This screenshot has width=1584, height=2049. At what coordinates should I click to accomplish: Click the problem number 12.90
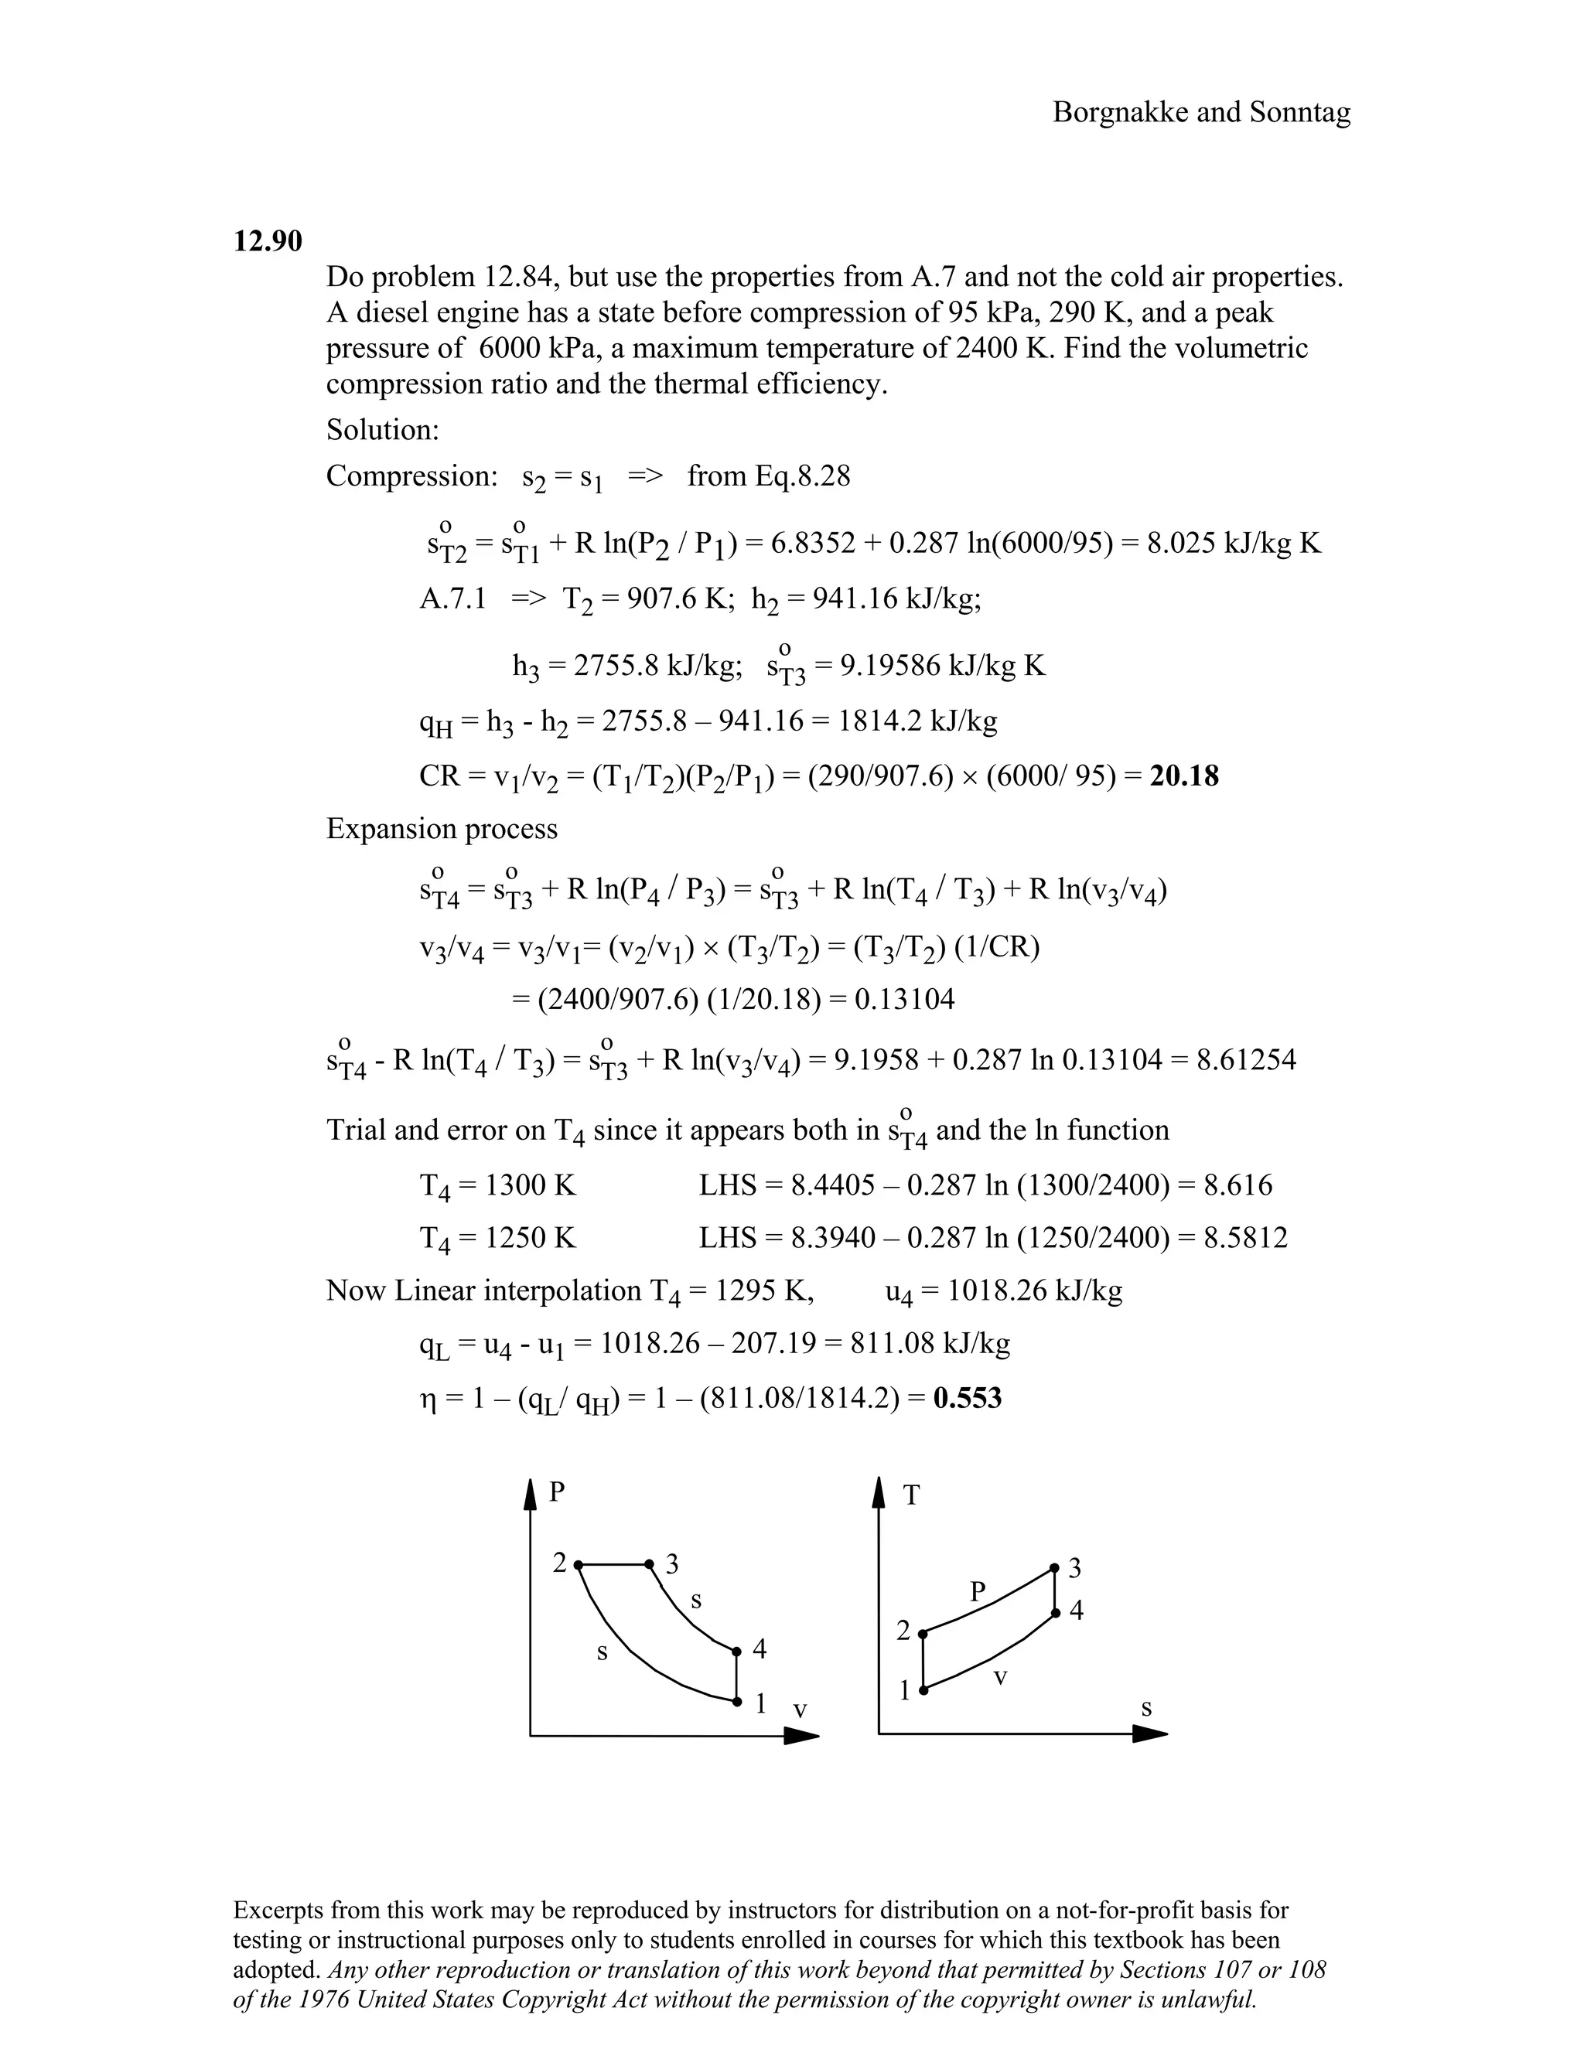268,241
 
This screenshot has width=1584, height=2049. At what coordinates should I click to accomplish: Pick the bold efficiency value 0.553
968,1398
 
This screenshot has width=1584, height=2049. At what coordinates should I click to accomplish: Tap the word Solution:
383,430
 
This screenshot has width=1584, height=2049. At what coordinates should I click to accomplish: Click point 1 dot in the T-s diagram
923,1689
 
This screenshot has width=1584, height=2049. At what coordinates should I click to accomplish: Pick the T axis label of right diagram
910,1495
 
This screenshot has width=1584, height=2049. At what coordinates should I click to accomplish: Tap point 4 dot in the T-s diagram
1055,1613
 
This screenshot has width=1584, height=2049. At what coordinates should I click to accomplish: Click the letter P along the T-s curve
978,1591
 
